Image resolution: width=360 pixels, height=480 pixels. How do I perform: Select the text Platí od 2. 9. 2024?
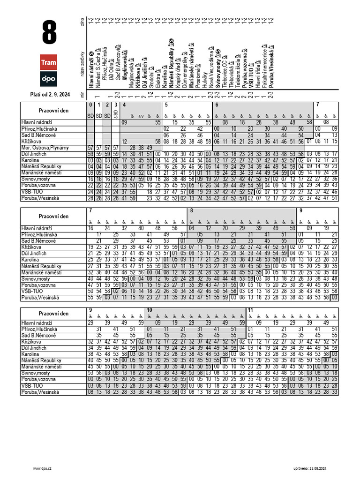[x=50, y=95]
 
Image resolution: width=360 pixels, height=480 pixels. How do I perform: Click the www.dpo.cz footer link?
[x=42, y=468]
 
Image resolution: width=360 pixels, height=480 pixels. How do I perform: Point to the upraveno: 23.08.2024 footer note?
[x=309, y=468]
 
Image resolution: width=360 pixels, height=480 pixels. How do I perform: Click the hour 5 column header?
[x=166, y=105]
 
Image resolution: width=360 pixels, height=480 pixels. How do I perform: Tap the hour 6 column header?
[x=217, y=105]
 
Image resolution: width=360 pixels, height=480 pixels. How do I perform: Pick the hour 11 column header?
[x=250, y=310]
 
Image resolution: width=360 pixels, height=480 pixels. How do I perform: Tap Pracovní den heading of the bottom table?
[x=53, y=314]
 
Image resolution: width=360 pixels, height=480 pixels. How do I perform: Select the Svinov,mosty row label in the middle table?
[x=37, y=278]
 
